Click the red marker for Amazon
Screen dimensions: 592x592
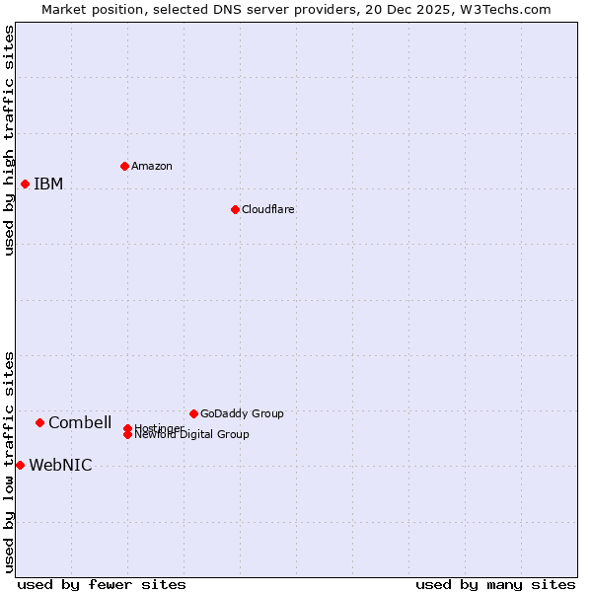click(x=124, y=166)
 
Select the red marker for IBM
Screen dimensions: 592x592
click(x=25, y=184)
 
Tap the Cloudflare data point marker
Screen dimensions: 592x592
click(x=235, y=209)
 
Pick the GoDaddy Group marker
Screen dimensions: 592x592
click(x=193, y=413)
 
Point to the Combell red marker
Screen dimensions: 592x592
click(x=39, y=422)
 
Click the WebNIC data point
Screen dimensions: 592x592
click(x=20, y=465)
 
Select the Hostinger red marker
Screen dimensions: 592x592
click(x=127, y=428)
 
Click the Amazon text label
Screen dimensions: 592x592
click(x=152, y=166)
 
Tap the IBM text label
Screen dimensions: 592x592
click(x=48, y=184)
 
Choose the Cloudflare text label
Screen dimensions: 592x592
click(x=268, y=209)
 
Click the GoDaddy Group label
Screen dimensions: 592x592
click(x=242, y=413)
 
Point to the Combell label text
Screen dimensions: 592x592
click(x=80, y=422)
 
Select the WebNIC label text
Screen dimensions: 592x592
click(x=60, y=466)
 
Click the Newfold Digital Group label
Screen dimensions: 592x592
click(x=192, y=435)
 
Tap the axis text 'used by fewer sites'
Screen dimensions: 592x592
click(x=102, y=584)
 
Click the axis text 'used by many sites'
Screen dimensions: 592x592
click(x=495, y=584)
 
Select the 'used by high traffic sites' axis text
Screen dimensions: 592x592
click(x=10, y=140)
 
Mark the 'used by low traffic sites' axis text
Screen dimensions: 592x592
click(x=10, y=461)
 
